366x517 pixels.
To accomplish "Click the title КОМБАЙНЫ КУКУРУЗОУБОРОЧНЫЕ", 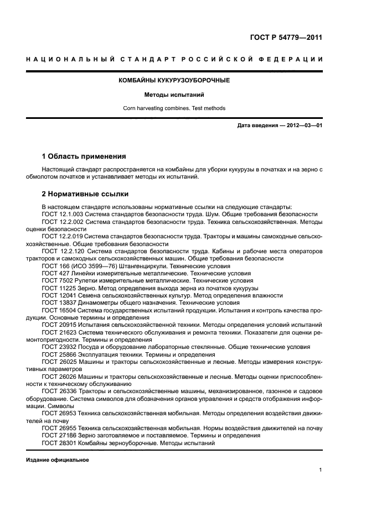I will [174, 81].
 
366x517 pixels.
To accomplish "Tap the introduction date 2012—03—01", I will [304, 126].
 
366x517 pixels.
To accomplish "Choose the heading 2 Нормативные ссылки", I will [85, 194].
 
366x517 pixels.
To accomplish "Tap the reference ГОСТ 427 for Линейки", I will [54, 273].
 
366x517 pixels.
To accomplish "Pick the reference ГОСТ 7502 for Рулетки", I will [56, 281].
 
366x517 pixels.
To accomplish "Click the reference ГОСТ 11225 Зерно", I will [58, 288].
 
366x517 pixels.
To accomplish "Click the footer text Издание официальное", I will [57, 460].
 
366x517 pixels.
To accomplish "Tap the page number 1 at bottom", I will [321, 470].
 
